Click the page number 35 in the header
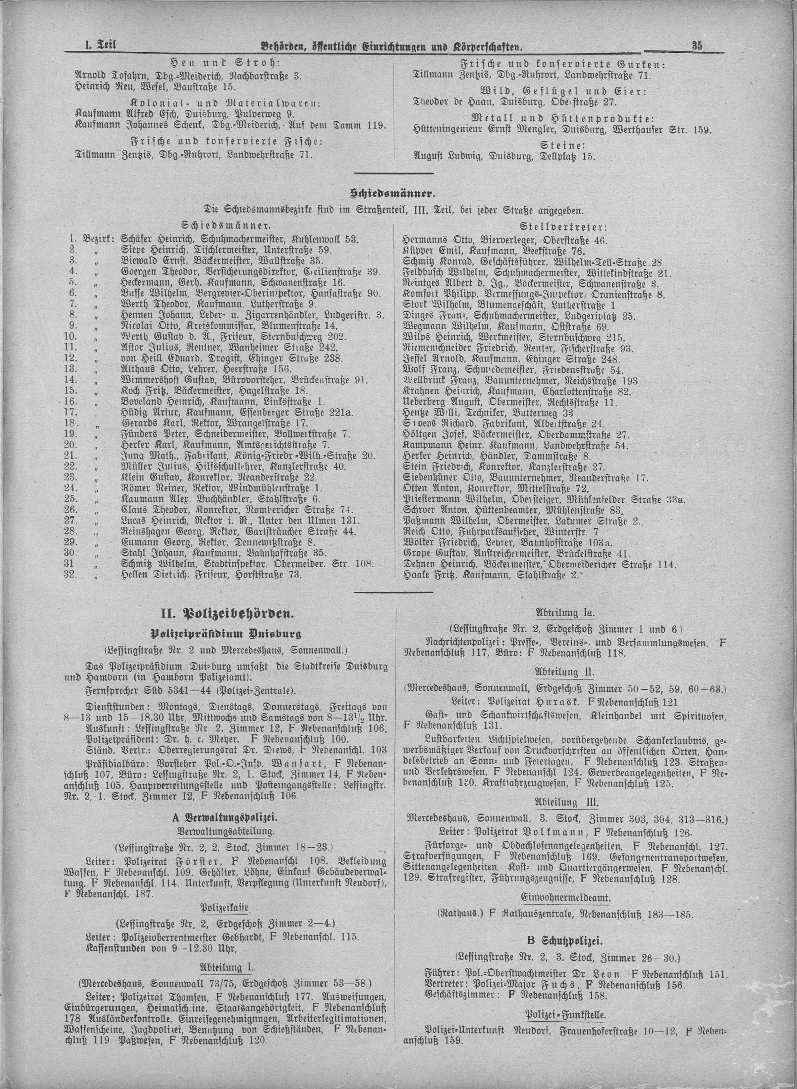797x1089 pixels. pos(697,46)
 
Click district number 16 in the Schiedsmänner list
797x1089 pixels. pos(71,401)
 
